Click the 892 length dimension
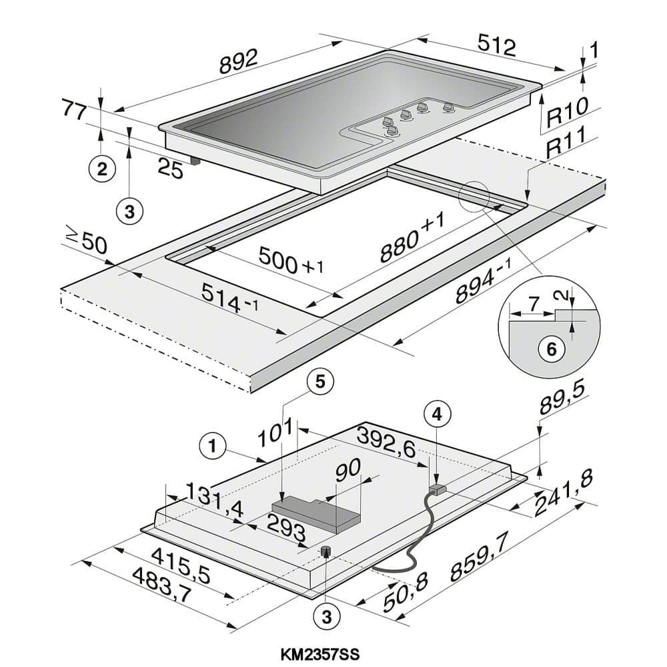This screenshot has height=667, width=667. point(239,63)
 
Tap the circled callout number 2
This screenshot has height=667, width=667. point(101,169)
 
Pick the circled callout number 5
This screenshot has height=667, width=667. point(319,381)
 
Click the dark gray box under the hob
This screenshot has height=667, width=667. point(316,514)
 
